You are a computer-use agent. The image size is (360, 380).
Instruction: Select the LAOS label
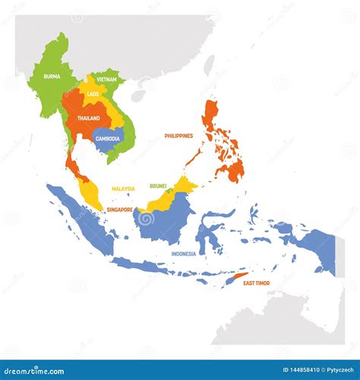pos(93,94)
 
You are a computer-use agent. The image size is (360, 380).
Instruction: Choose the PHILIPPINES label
pos(178,136)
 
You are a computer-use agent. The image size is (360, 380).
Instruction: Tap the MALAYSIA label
pos(123,188)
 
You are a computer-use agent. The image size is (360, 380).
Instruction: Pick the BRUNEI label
pos(158,185)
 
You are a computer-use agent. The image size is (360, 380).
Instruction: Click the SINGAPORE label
pos(119,209)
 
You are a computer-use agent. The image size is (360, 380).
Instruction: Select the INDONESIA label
pos(183,253)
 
